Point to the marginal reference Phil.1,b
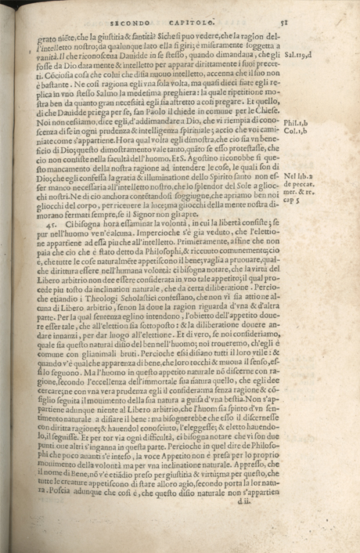[x=294, y=122]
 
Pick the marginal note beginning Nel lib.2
[x=298, y=177]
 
